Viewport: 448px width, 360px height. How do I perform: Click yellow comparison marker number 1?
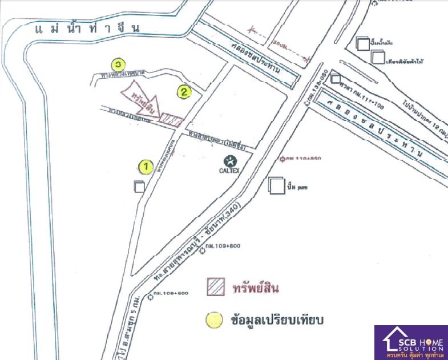pos(146,167)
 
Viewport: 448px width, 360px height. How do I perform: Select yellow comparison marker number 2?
pos(184,91)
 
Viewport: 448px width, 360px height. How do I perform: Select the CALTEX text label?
pos(228,170)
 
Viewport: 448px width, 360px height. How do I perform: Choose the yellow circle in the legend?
pos(215,320)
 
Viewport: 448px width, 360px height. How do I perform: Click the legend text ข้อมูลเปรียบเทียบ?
pos(277,320)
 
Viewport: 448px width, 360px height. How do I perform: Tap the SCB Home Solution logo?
pos(410,342)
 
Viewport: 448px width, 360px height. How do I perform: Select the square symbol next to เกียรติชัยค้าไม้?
pos(378,57)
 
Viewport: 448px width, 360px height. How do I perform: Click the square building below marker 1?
pos(139,187)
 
